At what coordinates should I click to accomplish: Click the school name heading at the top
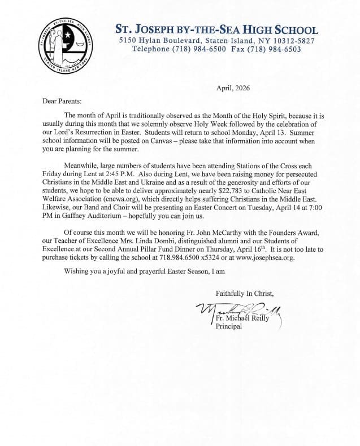(216, 29)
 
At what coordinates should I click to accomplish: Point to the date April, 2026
(233, 88)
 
